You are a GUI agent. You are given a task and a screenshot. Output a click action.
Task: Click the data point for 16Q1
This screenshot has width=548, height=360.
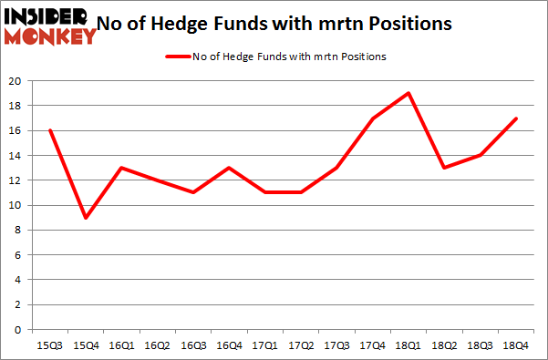[x=121, y=168]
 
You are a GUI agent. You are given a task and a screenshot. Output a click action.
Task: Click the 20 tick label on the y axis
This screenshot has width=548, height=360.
[x=16, y=81]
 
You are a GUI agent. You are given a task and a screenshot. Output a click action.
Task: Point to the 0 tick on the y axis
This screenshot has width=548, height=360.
[x=18, y=329]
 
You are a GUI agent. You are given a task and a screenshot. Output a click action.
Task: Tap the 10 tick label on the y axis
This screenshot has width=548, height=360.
[x=16, y=205]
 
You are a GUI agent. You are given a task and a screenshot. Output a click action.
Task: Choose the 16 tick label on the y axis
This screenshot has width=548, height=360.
[x=16, y=130]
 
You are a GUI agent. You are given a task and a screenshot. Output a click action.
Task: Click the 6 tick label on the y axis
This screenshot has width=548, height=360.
[x=18, y=254]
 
